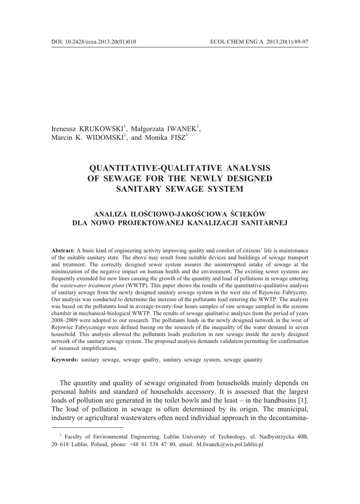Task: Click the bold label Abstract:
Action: [63, 251]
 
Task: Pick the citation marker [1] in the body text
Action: [303, 400]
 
